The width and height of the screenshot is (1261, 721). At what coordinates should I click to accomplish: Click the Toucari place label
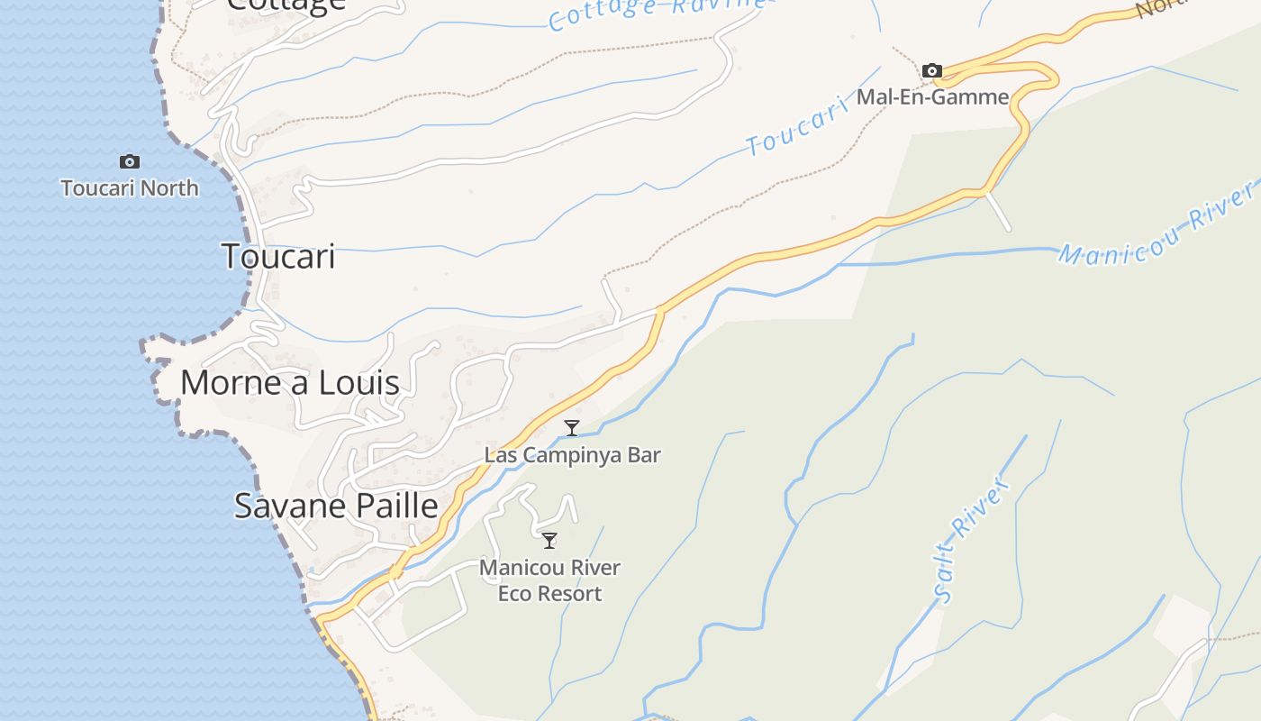pos(278,257)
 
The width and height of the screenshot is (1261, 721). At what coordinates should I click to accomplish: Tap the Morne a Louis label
pos(289,383)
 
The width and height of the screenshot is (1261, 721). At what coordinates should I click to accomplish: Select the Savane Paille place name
pos(336,506)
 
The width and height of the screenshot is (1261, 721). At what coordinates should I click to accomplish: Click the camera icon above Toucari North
pos(130,162)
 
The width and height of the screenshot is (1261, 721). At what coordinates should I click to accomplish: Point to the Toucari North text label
pos(130,188)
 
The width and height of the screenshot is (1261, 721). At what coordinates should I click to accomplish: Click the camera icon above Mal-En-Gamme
pos(932,70)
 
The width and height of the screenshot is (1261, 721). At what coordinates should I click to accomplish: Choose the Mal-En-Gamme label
pos(932,96)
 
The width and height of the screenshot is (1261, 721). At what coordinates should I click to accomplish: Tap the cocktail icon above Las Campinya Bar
pos(571,428)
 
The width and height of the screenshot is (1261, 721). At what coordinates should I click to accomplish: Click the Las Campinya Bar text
pos(573,455)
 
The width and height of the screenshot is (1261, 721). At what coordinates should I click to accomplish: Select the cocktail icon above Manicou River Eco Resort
pos(549,541)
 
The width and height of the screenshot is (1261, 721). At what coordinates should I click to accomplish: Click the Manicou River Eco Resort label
pos(549,580)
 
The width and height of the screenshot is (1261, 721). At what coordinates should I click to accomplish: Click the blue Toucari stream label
pos(798,127)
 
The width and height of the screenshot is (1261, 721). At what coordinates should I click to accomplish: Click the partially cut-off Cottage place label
pos(286,5)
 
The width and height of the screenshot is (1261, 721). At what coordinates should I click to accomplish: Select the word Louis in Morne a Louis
pos(361,383)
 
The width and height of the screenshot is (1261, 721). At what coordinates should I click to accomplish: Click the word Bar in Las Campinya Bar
pos(645,455)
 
